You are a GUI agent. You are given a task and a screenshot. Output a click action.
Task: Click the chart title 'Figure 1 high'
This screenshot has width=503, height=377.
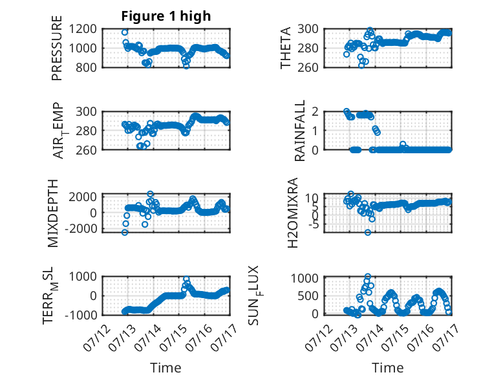[166, 16]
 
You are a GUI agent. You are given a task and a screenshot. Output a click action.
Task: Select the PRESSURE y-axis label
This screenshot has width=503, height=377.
[56, 48]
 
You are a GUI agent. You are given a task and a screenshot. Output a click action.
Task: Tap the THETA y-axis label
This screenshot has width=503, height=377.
[285, 48]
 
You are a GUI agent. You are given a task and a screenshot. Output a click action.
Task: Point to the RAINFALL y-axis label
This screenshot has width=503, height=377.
[299, 131]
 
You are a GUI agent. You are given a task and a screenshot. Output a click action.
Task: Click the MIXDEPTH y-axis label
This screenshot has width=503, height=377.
[52, 213]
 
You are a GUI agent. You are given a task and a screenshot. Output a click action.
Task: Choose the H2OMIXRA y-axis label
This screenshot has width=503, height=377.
[293, 213]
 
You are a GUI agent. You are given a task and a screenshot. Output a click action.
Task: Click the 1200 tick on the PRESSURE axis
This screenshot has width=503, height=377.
[83, 29]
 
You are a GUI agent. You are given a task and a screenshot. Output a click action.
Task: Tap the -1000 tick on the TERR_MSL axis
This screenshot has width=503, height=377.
[80, 315]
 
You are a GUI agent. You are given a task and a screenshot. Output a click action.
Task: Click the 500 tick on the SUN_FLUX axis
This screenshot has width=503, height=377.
[308, 296]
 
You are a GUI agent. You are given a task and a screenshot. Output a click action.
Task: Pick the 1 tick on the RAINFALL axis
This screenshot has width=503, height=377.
[315, 131]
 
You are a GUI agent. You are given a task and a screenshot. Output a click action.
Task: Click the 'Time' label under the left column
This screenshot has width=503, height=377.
[166, 367]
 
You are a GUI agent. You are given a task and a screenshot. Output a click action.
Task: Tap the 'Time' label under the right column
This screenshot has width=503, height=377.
[387, 367]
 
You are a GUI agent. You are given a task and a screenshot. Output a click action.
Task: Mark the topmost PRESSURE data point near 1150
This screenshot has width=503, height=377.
[125, 32]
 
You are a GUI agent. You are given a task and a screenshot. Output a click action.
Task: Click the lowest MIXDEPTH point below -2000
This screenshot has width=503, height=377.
[125, 232]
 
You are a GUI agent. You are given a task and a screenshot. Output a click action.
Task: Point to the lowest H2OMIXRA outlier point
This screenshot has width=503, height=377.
[368, 232]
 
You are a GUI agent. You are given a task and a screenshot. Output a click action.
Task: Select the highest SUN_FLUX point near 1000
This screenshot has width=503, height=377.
[368, 276]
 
